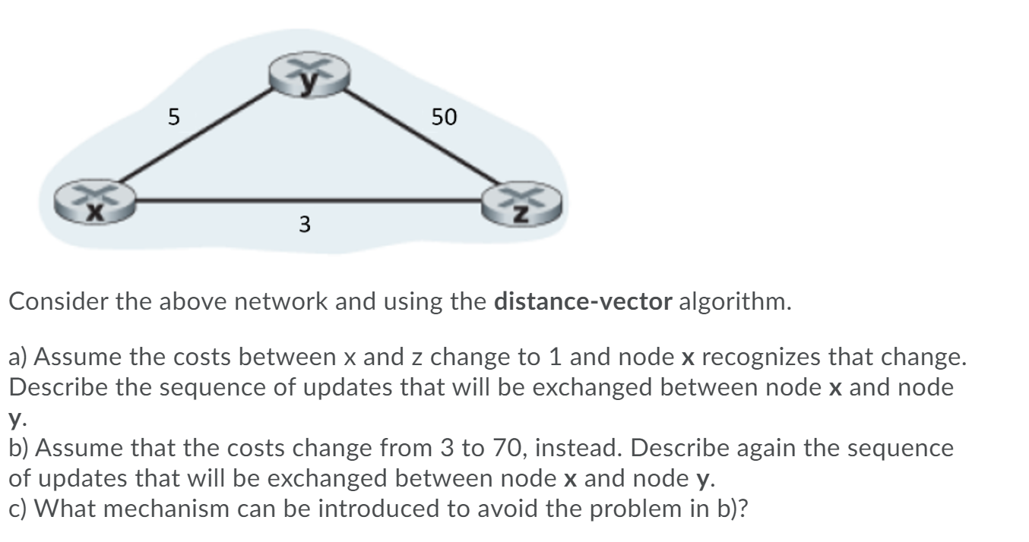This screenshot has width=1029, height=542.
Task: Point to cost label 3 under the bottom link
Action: pyautogui.click(x=304, y=224)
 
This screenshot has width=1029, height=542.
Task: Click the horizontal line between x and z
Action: pyautogui.click(x=304, y=201)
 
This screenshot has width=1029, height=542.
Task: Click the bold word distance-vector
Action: pyautogui.click(x=583, y=305)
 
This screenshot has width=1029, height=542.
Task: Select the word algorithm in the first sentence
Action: pyautogui.click(x=733, y=305)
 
